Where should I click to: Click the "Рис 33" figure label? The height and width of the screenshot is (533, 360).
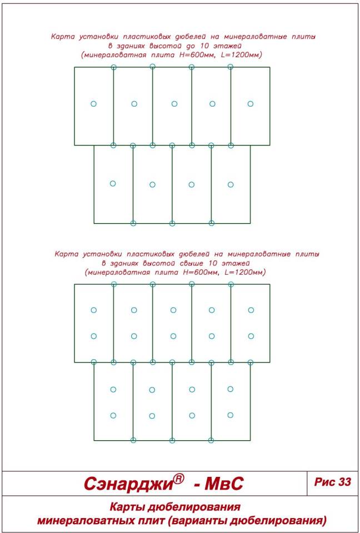(x=332, y=482)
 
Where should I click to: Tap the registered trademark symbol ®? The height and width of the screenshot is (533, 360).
(x=179, y=479)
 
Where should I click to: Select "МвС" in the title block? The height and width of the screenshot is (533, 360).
(x=223, y=483)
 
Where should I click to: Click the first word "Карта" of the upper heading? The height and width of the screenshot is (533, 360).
(x=62, y=37)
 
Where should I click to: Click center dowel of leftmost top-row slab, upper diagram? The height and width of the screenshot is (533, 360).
(x=93, y=104)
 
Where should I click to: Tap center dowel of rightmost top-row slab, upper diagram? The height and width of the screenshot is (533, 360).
(x=251, y=104)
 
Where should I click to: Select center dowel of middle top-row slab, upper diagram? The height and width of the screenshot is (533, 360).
(x=174, y=104)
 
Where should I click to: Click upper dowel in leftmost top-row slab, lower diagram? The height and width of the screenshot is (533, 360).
(x=93, y=310)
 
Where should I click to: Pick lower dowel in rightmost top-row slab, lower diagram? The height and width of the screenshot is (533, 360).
(x=251, y=336)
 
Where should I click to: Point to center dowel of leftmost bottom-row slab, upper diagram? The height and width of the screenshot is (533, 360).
(x=113, y=184)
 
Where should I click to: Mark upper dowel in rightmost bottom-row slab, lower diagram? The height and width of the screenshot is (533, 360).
(x=231, y=389)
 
